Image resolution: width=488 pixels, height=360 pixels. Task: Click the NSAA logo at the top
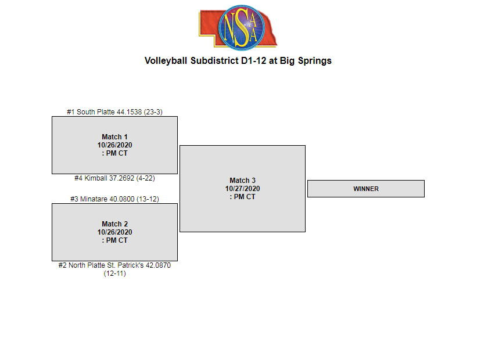tap(238, 27)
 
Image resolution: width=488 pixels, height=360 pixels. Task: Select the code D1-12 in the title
tap(253, 60)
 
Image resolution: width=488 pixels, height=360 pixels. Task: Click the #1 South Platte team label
tap(114, 111)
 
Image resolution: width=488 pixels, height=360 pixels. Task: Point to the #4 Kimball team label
tap(114, 178)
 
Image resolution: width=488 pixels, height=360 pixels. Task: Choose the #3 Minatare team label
tap(114, 199)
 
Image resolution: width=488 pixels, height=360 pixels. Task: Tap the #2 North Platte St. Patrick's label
tap(114, 265)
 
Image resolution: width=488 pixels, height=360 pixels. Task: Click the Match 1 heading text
tap(114, 137)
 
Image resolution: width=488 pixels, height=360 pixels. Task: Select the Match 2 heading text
tap(114, 224)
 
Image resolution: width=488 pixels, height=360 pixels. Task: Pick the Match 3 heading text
tap(242, 181)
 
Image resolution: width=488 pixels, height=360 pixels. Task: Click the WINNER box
tap(365, 189)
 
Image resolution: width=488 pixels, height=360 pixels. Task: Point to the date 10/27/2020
tap(242, 189)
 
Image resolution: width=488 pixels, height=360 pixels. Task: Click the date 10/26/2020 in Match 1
tap(114, 145)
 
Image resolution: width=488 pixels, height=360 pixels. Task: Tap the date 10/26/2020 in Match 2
tap(114, 232)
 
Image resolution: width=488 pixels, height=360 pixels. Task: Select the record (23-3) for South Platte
tap(153, 111)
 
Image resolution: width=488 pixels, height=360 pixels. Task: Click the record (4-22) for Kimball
tap(145, 178)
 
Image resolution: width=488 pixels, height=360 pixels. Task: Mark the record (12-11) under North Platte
tap(114, 273)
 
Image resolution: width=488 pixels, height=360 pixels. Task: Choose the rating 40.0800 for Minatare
tap(127, 199)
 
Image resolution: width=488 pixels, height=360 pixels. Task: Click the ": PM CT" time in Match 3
tap(242, 197)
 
